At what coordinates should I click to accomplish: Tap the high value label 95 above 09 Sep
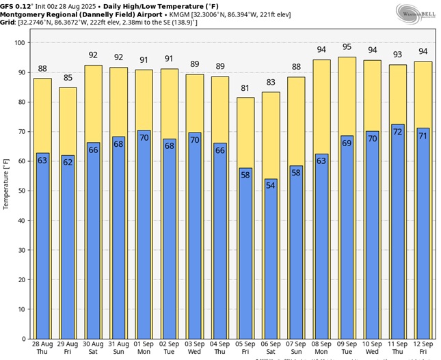[x=347, y=47]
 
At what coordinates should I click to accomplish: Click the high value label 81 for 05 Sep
[x=246, y=88]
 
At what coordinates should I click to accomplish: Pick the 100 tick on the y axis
[x=19, y=43]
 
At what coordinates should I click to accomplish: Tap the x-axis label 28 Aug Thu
[x=42, y=347]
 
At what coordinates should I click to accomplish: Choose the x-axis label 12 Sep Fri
[x=423, y=347]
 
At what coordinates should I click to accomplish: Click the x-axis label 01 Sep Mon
[x=144, y=347]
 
